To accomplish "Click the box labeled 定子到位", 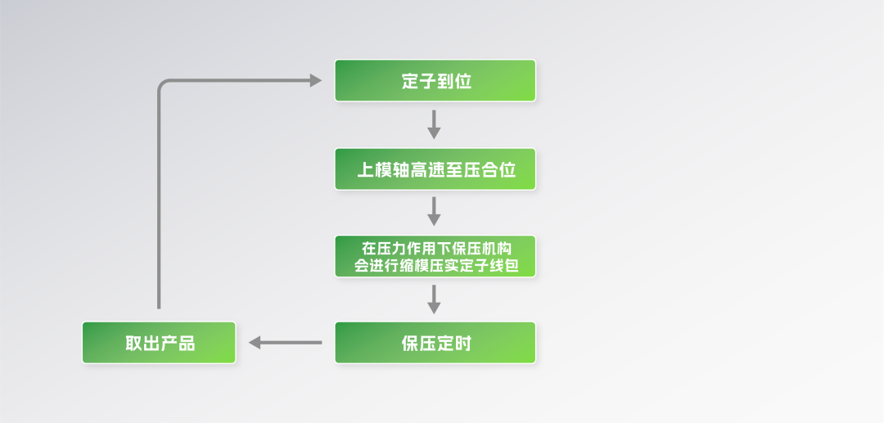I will coord(435,80).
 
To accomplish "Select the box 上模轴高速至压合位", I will coord(435,169).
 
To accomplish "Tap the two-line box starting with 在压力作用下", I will coord(435,256).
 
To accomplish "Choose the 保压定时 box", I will coord(435,342).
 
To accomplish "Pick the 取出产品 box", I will coord(159,342).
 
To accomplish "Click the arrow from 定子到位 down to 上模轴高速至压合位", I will coord(435,124).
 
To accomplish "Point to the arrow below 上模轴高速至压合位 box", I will coord(435,211).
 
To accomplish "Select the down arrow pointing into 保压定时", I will coord(435,299).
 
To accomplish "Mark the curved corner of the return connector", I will coord(162,84).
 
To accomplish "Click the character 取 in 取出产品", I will coord(133,343).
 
